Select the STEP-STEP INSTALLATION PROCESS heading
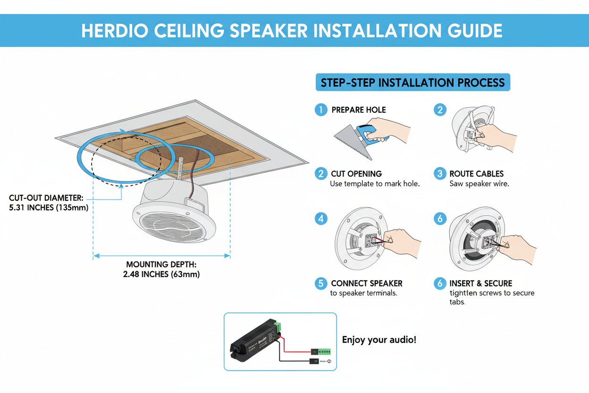412,83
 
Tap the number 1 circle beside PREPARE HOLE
320,110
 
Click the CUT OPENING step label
356,174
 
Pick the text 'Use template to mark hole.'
374,184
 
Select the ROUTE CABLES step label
476,174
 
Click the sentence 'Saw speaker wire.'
479,184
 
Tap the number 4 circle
321,219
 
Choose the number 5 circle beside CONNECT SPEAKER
320,283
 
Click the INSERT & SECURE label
480,283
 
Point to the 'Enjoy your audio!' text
379,340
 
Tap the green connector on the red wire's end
324,351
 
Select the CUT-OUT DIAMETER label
45,198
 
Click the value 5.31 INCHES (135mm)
49,207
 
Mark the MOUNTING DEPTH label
161,265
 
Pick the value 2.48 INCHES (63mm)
161,274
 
